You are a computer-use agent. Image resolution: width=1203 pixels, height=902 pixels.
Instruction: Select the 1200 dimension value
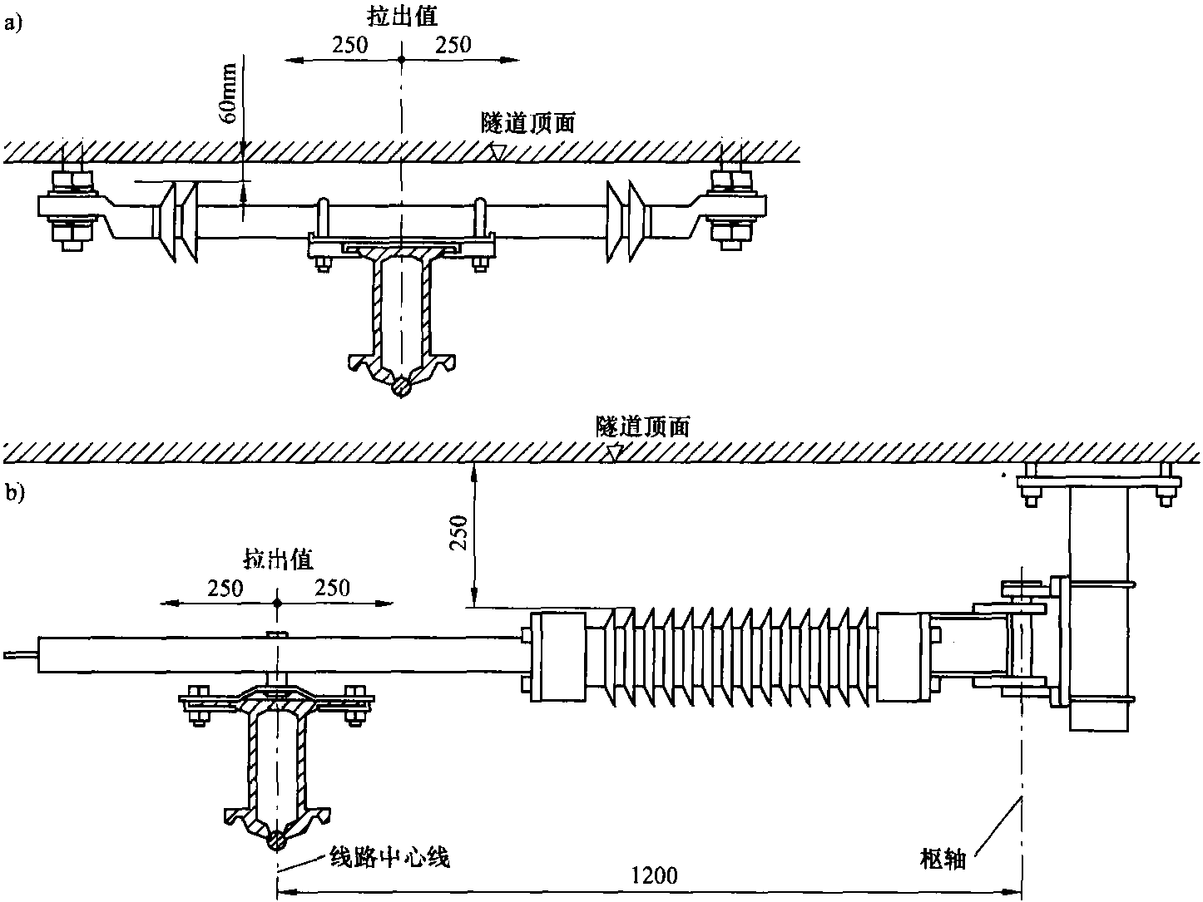tap(655, 875)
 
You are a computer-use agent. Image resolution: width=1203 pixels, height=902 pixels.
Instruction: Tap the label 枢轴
tap(943, 859)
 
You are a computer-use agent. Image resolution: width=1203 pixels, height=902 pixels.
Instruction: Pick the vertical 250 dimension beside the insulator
tap(457, 535)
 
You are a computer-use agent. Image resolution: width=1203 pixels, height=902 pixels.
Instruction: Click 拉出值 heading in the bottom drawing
tap(278, 559)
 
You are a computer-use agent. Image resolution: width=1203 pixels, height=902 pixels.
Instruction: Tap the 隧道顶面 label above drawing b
tap(643, 426)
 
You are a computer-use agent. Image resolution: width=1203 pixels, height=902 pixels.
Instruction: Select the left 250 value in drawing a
tap(349, 45)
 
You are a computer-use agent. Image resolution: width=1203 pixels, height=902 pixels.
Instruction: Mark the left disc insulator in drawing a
tap(179, 221)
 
